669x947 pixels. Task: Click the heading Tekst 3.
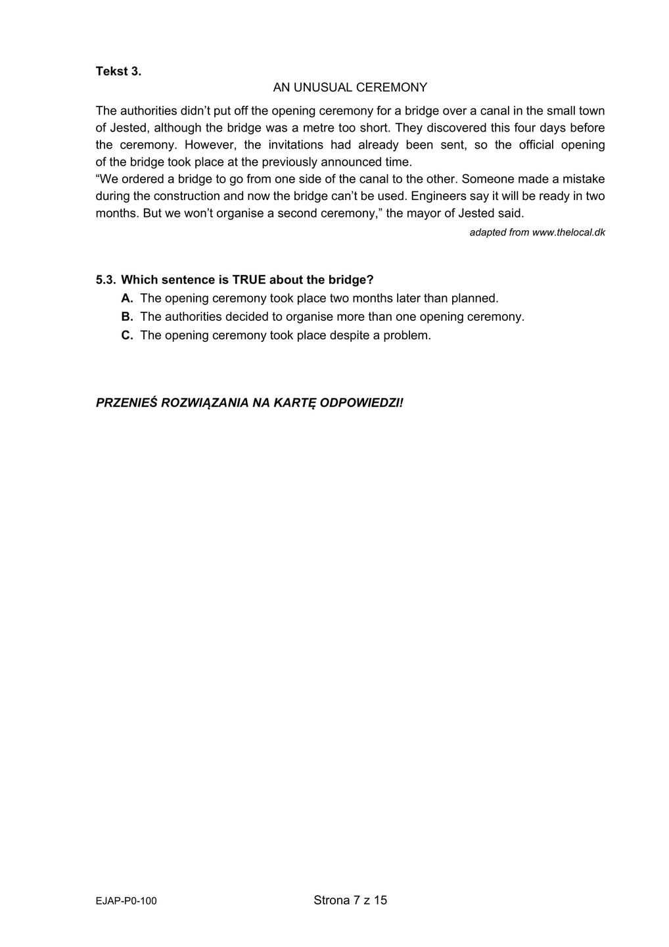[118, 71]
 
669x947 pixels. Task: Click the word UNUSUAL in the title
[323, 87]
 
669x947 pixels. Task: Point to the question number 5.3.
[105, 280]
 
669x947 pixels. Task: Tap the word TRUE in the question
[249, 280]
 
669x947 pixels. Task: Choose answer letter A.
[127, 299]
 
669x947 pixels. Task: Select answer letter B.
[127, 317]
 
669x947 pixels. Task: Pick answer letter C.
[127, 335]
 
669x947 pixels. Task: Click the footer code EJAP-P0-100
[126, 901]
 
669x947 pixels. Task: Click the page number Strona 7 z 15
[350, 900]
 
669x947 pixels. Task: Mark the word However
[213, 145]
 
